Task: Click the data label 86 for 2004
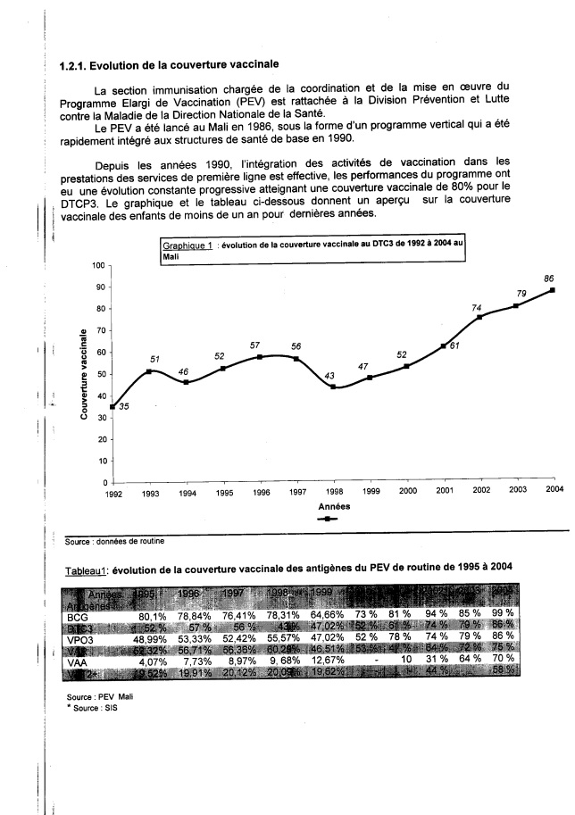(549, 279)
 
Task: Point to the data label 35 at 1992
(124, 407)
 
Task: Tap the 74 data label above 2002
(476, 308)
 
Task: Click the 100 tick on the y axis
(99, 266)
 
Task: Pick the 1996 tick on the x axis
(261, 492)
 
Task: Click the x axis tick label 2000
(407, 492)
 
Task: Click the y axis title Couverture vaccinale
(83, 374)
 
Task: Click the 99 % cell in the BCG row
(526, 616)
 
